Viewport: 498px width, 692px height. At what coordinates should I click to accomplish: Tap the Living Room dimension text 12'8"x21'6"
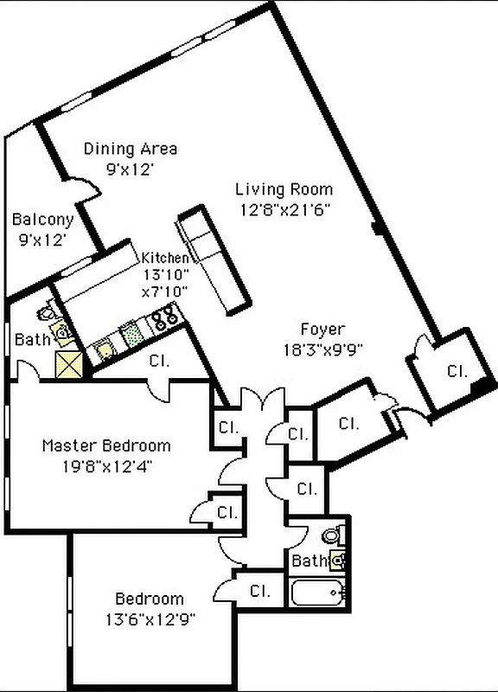(x=284, y=208)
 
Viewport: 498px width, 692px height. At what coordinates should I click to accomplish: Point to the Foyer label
(x=322, y=330)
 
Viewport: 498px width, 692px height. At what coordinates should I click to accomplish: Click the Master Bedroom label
(x=106, y=446)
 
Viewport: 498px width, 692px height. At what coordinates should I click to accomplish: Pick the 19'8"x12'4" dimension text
(x=107, y=466)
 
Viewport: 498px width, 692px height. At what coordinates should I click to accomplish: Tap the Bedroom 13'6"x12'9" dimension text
(x=150, y=618)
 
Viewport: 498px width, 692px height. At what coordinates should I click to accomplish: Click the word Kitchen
(x=164, y=258)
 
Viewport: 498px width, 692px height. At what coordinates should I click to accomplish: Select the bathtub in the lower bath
(x=318, y=594)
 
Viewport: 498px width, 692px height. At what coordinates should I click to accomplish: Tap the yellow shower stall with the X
(x=68, y=364)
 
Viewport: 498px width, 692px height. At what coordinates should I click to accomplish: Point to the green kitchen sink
(x=131, y=333)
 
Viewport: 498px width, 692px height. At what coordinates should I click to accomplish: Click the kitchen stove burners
(x=164, y=322)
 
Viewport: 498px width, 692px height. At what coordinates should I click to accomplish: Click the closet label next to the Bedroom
(x=260, y=593)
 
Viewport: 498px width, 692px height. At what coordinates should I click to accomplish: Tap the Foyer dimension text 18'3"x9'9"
(x=322, y=349)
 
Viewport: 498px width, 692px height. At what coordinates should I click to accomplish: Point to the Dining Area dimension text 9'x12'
(x=130, y=170)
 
